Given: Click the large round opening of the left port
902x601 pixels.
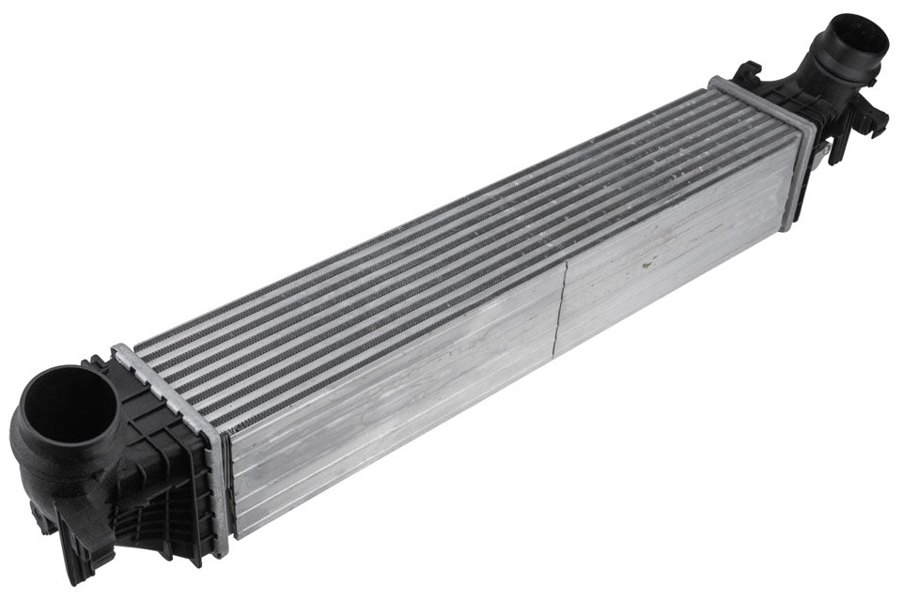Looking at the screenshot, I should [x=69, y=410].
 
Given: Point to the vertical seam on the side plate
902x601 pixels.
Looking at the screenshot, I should [x=561, y=310].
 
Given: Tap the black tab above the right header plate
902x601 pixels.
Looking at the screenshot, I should [x=749, y=72].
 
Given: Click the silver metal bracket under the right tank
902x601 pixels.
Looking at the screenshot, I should [x=820, y=150].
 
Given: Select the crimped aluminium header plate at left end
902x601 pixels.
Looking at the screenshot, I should [x=218, y=451].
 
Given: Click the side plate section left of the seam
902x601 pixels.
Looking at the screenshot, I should [x=395, y=404].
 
